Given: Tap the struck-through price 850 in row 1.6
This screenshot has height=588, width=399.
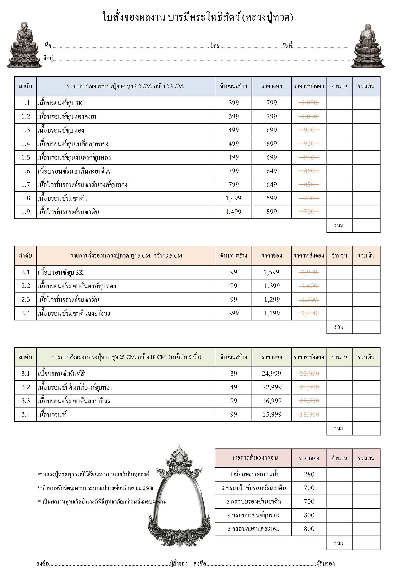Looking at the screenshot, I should (309, 171).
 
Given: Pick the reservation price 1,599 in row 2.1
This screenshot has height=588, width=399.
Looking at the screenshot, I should (271, 272).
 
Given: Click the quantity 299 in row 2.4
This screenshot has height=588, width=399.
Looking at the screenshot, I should (233, 313).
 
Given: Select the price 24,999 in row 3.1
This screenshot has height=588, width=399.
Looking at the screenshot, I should (271, 374).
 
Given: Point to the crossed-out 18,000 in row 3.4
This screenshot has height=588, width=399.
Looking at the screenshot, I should (309, 414).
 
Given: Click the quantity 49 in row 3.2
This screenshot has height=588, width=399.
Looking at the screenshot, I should (233, 387).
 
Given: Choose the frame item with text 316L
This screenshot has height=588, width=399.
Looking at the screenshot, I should (254, 529).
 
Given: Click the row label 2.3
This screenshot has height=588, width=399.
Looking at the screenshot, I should (25, 300).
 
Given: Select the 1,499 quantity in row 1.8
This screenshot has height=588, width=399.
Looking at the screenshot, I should (233, 198).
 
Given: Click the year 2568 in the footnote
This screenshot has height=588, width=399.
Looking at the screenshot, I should (148, 488).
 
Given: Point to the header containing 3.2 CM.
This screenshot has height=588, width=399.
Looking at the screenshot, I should (126, 86).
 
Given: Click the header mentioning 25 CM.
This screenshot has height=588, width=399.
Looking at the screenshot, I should (126, 357).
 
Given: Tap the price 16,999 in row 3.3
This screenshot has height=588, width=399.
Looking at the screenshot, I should (272, 401).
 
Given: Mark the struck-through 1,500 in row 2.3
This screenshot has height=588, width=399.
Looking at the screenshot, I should (309, 300).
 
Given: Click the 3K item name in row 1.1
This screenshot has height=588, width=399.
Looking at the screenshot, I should (60, 103).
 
